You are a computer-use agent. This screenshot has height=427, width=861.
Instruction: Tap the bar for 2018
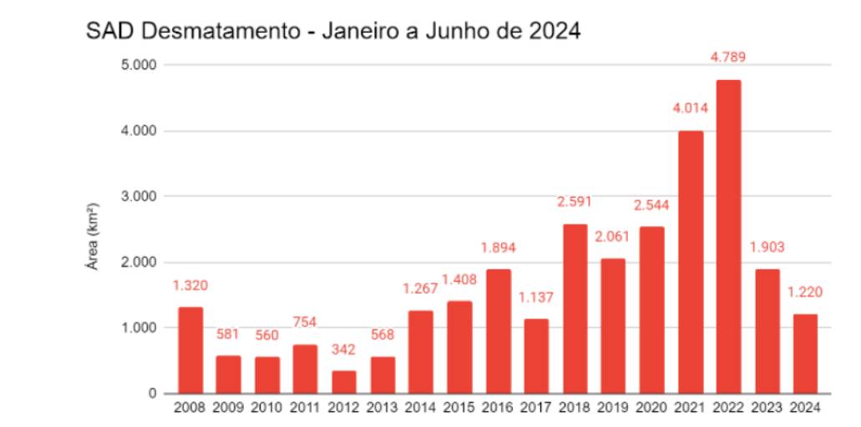[x=575, y=309]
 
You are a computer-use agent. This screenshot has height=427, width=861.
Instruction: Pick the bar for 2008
[x=190, y=350]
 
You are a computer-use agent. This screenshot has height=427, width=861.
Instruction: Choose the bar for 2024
[x=805, y=354]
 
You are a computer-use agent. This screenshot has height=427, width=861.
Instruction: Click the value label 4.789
[x=728, y=58]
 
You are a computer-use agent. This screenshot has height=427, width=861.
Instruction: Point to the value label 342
[x=344, y=349]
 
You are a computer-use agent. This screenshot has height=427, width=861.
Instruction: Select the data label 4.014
[x=690, y=108]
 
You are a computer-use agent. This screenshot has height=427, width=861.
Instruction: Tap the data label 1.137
[x=536, y=297]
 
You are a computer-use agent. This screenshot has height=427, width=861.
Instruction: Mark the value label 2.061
[x=613, y=237]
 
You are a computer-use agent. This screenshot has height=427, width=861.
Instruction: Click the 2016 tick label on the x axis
[x=498, y=408]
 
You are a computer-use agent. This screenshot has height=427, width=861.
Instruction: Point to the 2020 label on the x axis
[x=651, y=408]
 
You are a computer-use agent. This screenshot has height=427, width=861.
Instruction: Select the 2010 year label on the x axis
[x=267, y=408]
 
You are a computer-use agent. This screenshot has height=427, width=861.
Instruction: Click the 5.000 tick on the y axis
[x=138, y=65]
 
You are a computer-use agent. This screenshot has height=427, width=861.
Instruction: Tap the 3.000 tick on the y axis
[x=138, y=197]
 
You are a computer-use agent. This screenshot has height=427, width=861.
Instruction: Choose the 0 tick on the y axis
[x=152, y=394]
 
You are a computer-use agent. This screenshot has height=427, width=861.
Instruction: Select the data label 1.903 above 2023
[x=767, y=247]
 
